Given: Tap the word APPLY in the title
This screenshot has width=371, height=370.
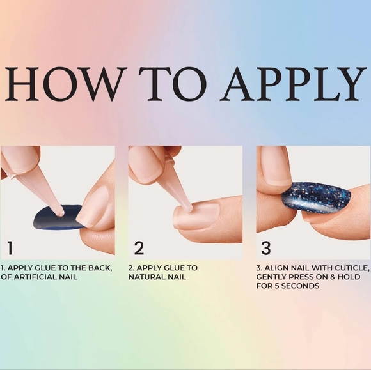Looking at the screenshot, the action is (293, 84).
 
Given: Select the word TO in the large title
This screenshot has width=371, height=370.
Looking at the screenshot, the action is (173, 84).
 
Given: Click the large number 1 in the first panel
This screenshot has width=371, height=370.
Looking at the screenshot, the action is (10, 248).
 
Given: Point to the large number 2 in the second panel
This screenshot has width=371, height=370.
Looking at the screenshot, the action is (139, 248).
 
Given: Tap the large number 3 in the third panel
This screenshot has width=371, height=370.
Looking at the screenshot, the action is (266, 248).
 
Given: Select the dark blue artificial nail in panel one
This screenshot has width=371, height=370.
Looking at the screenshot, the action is (59, 217).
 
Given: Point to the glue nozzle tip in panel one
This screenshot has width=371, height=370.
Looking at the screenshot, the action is (61, 213).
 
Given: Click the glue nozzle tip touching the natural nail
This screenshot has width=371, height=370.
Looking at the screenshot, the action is (189, 208).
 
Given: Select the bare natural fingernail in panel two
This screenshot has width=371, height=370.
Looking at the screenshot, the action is (198, 214).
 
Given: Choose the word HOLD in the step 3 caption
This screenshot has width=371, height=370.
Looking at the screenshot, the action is (349, 277).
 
